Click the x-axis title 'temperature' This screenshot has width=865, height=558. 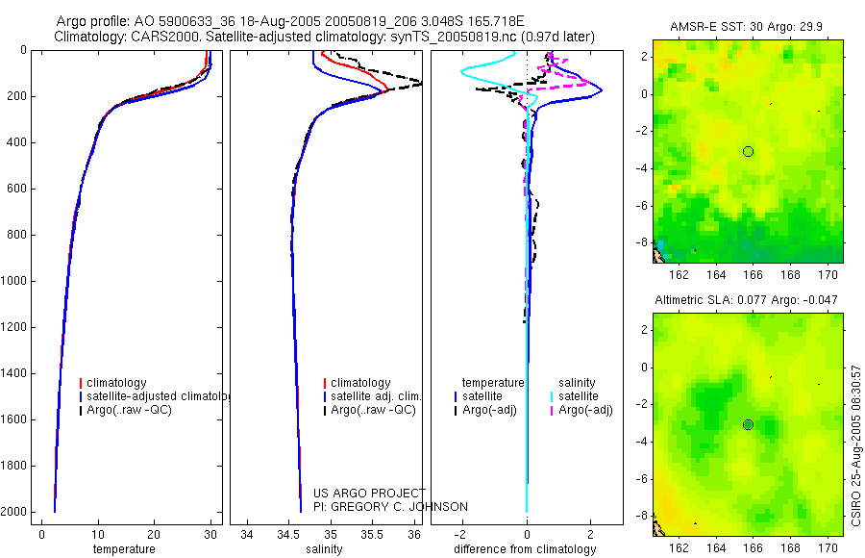[x=124, y=549]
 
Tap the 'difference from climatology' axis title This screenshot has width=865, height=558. [x=528, y=549]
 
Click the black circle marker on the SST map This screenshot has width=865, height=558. [x=748, y=151]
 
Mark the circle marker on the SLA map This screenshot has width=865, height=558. [x=748, y=424]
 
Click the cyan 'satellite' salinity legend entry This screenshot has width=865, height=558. [x=579, y=396]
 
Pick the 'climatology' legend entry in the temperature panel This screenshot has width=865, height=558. [x=119, y=383]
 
